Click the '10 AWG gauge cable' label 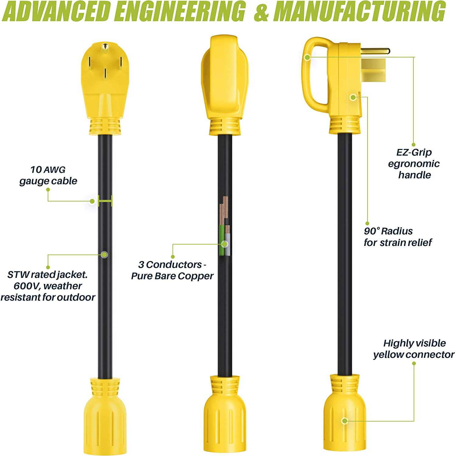click(48, 175)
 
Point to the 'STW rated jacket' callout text click(48, 286)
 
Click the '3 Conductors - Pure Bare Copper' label click(172, 270)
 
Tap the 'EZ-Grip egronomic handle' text click(414, 164)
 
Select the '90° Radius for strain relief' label click(398, 237)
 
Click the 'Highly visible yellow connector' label click(414, 349)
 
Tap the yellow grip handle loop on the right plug click(315, 75)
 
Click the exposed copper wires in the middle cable click(224, 211)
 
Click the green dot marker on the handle click(307, 57)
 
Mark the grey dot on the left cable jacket click(104, 254)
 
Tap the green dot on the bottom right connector click(344, 421)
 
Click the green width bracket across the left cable click(105, 201)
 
